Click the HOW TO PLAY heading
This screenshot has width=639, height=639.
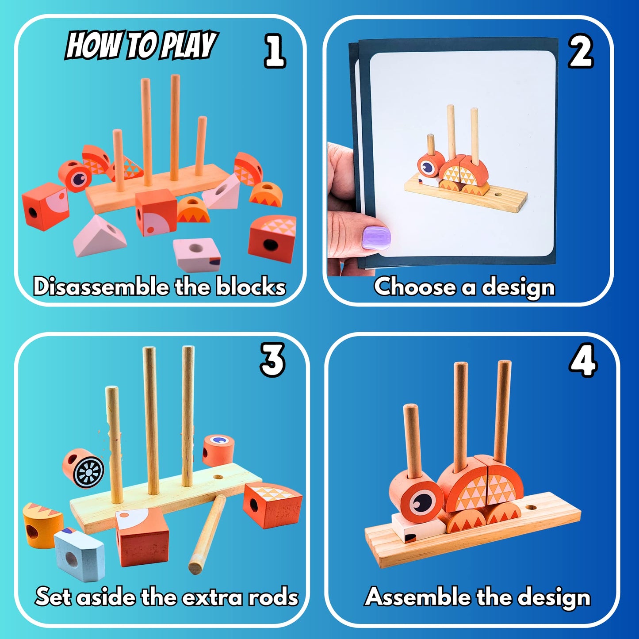141,45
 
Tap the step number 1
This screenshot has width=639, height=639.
275,51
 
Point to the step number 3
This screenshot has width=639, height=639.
272,360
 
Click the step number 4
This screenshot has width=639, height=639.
583,360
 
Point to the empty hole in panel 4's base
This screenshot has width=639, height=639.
532,507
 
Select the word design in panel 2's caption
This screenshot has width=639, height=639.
518,287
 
